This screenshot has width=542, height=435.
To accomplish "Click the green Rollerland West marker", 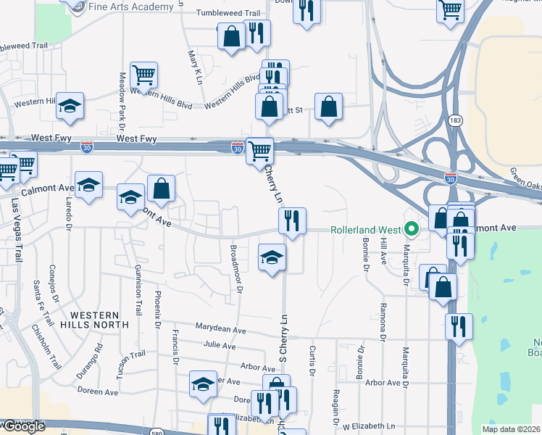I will pos(412,230).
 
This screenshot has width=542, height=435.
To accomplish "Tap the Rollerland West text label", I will pos(366,230).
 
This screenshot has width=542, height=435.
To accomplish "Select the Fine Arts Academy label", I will pos(131,7).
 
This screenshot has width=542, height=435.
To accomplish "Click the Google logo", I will pos(23,426).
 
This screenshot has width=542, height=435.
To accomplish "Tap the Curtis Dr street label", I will pos(313,361).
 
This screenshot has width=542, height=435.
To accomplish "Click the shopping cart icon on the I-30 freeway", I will pos(259,150).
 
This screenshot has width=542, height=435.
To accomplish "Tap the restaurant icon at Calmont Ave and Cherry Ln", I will pos(292,220).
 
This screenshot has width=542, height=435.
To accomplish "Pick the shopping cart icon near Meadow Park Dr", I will pos(144,73).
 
